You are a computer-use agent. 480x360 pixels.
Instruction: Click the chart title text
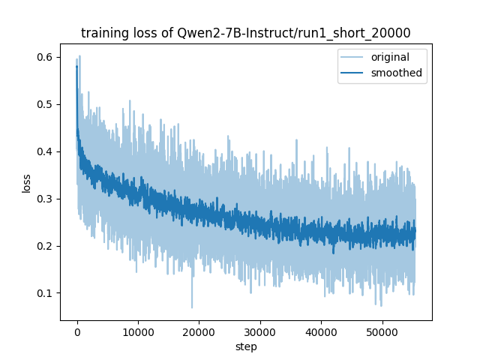246,32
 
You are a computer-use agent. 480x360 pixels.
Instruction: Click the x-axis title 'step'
246,347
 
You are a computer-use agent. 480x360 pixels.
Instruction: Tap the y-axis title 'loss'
26,183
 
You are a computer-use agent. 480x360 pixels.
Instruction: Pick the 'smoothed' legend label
397,73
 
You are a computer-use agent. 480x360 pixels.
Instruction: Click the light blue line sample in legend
352,58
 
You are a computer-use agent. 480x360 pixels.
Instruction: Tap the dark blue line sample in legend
352,73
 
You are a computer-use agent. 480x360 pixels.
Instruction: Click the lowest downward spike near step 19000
192,307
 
